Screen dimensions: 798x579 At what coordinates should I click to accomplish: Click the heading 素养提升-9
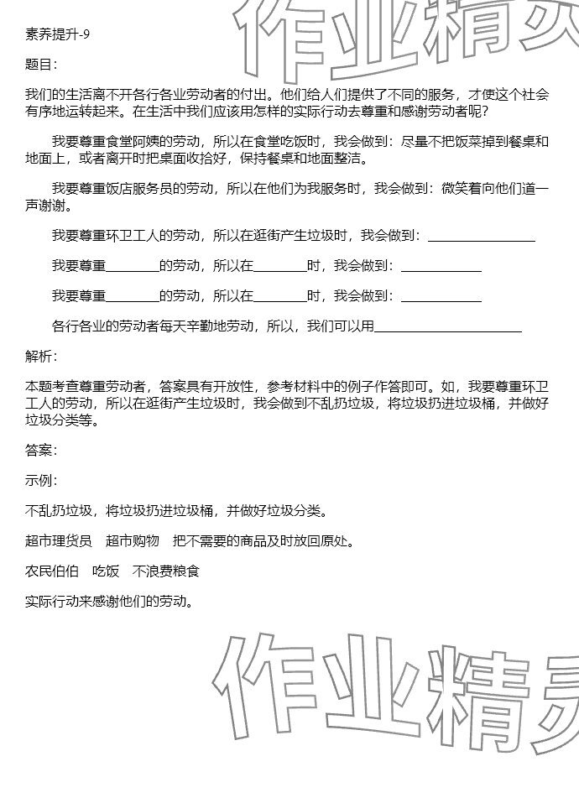pyautogui.click(x=57, y=34)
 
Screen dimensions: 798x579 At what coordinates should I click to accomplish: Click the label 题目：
pyautogui.click(x=42, y=65)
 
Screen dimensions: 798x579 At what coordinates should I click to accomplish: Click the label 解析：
pyautogui.click(x=42, y=357)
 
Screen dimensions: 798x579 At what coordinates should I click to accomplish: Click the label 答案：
pyautogui.click(x=42, y=451)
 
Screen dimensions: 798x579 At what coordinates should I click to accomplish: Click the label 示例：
pyautogui.click(x=42, y=481)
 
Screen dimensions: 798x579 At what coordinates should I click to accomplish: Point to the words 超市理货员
pyautogui.click(x=59, y=541)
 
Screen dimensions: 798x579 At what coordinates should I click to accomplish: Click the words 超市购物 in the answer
pyautogui.click(x=133, y=541)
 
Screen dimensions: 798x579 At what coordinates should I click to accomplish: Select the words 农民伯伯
pyautogui.click(x=52, y=571)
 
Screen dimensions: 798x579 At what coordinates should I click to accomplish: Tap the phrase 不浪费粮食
pyautogui.click(x=166, y=571)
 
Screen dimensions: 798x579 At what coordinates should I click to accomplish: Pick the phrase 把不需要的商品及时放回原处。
pyautogui.click(x=263, y=541)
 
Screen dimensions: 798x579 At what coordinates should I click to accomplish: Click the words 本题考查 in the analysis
pyautogui.click(x=52, y=387)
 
